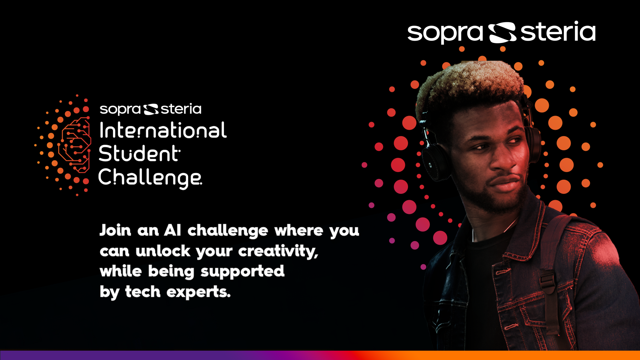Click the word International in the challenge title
point(163,130)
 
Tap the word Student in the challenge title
point(140,153)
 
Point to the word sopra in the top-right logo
point(445,33)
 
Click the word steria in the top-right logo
point(558,31)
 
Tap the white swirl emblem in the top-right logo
point(502,33)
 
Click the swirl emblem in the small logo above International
point(151,109)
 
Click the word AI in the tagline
point(172,230)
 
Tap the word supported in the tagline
point(242,272)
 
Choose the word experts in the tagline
point(198,292)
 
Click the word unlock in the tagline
point(163,251)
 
